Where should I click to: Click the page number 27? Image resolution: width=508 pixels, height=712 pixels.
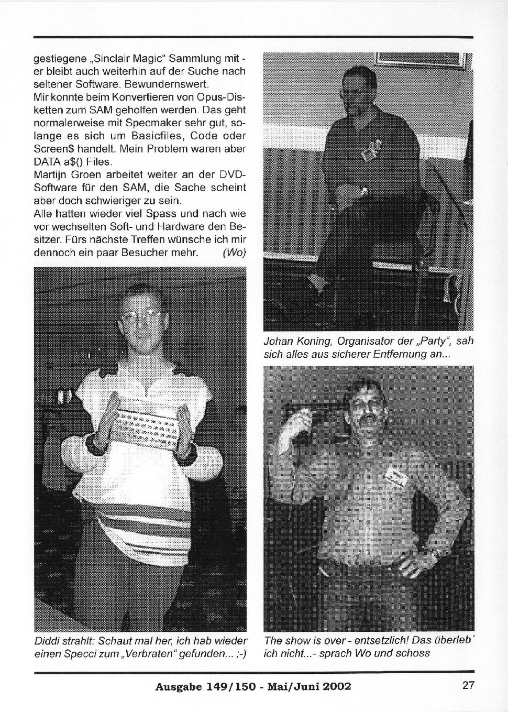coord(468,685)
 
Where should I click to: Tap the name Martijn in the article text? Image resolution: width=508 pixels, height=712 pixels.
coord(50,174)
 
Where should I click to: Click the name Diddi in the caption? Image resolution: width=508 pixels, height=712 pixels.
coord(47,641)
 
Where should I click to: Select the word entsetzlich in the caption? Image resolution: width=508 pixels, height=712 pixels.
coord(370,640)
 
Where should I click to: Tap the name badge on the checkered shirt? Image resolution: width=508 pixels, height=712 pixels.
coord(396,476)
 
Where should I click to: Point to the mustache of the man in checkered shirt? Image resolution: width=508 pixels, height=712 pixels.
coord(371,420)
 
